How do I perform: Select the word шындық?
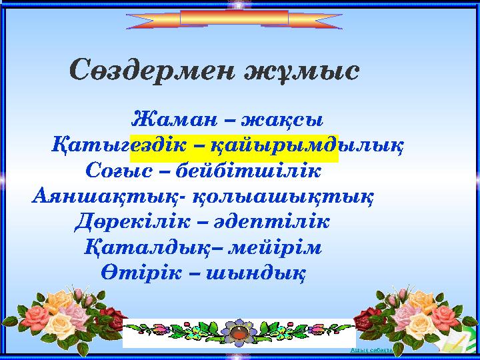[x=256, y=273]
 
